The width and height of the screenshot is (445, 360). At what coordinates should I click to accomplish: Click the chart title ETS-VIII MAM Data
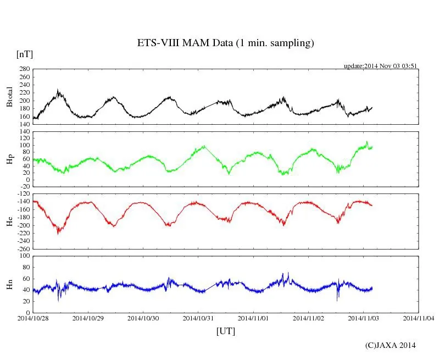pos(225,43)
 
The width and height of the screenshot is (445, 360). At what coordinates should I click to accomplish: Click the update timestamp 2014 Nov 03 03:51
pos(381,65)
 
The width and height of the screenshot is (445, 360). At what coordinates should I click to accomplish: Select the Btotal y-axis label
pos(9,97)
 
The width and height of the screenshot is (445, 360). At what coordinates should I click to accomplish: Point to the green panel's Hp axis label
pos(9,159)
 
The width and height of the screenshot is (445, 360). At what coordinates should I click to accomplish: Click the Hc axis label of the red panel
pos(9,221)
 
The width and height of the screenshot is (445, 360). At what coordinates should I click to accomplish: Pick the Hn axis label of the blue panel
pos(9,284)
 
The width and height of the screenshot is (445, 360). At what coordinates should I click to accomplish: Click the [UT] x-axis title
pos(225,331)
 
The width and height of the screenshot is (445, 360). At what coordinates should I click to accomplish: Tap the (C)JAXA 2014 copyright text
pos(391,345)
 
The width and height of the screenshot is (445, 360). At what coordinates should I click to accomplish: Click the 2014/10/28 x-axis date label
pos(33,318)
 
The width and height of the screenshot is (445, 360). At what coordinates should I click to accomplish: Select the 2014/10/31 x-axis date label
pos(198,318)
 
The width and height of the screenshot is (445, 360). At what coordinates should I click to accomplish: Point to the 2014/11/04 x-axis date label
pos(419,318)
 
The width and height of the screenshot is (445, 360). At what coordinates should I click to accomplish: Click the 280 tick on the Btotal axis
pos(24,69)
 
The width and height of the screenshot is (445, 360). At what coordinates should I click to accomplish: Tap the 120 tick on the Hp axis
pos(24,131)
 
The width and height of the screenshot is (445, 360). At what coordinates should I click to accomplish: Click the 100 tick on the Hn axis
pos(24,256)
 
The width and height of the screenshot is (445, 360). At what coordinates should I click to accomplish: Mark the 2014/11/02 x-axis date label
pos(309,318)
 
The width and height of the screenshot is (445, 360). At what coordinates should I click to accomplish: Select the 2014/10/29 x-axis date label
pos(88,318)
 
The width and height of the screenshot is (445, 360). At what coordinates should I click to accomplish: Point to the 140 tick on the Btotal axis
pos(24,124)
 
